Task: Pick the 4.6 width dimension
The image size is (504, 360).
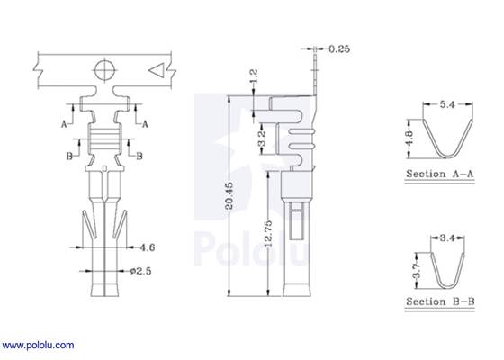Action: tap(148, 245)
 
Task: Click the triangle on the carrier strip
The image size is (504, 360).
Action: tap(156, 68)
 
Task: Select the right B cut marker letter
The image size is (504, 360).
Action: tap(139, 156)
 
